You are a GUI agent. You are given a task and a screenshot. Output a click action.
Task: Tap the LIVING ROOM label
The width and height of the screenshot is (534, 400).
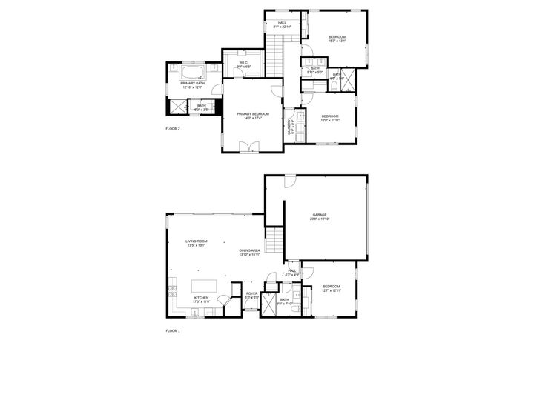click(x=196, y=242)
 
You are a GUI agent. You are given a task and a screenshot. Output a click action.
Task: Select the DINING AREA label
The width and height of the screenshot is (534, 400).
click(x=249, y=252)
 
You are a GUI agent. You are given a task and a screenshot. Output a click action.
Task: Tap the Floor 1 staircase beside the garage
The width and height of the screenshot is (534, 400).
click(x=275, y=241)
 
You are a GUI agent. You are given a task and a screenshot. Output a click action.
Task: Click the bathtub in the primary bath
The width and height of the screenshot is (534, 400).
click(x=192, y=73)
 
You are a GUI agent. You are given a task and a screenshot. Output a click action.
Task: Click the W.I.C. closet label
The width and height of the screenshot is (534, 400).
click(x=243, y=64)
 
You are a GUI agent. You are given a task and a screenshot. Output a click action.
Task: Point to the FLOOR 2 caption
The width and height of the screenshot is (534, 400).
click(x=173, y=128)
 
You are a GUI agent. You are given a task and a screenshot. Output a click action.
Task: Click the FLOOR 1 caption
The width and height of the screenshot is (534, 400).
click(x=173, y=330)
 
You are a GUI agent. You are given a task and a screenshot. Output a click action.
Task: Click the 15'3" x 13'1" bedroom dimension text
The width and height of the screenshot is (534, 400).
click(x=337, y=41)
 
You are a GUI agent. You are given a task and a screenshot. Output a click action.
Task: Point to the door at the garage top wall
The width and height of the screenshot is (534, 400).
click(x=290, y=180)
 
